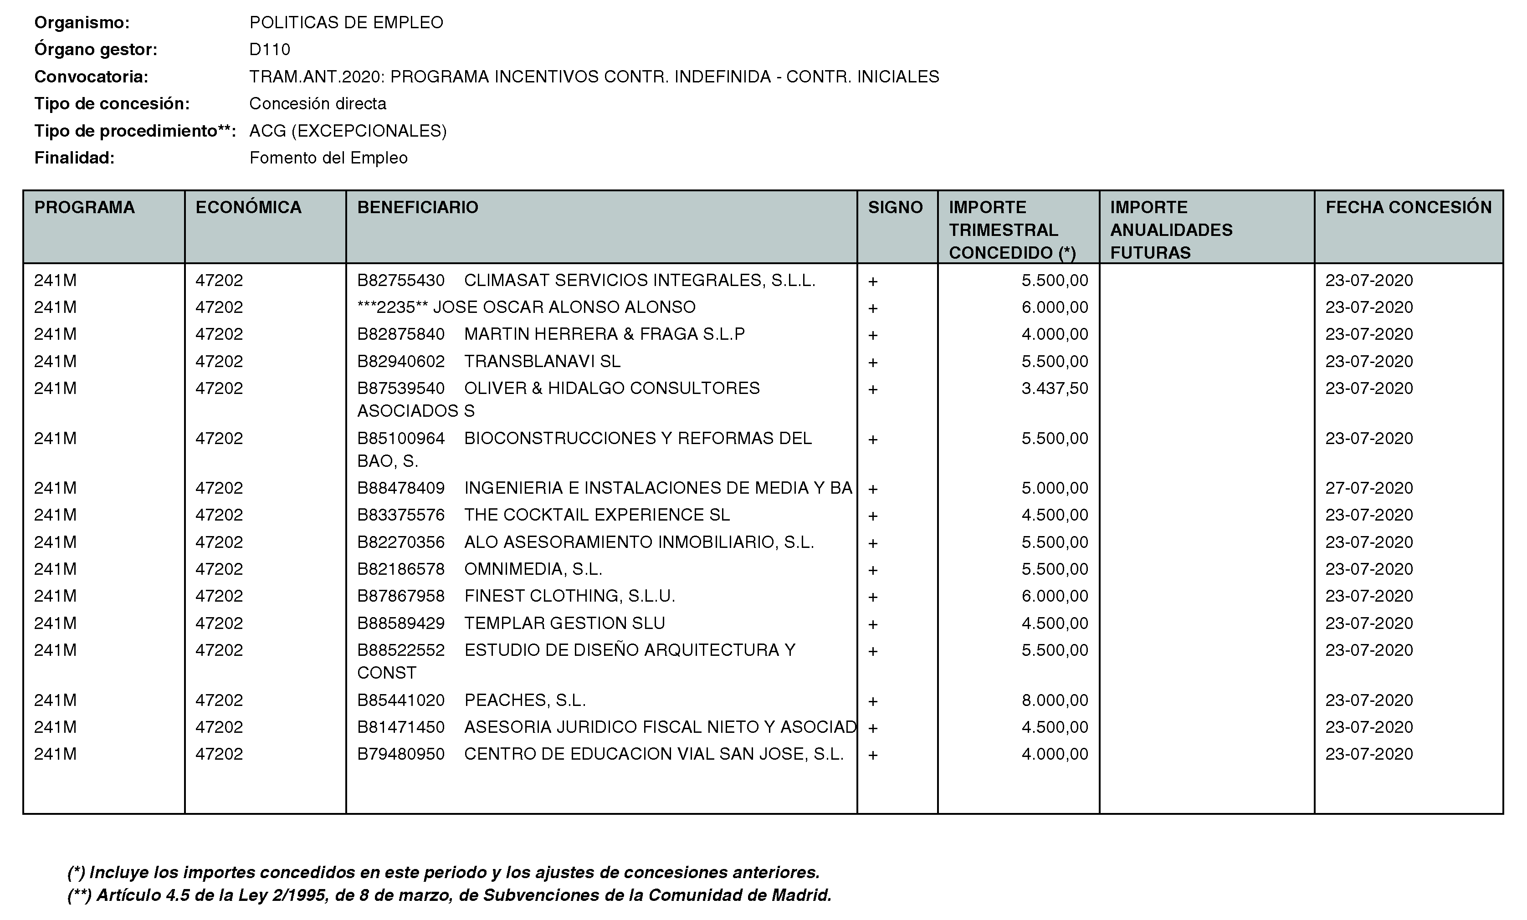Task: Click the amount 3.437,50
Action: [1054, 388]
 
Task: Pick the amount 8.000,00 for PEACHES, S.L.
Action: [1054, 700]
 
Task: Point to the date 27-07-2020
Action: [1369, 488]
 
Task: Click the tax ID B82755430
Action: [400, 280]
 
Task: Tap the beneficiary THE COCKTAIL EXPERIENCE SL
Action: [597, 515]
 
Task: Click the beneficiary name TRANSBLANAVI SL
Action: [542, 361]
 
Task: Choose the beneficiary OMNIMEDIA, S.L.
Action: [533, 569]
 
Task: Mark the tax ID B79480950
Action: [400, 754]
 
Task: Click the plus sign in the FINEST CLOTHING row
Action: [872, 597]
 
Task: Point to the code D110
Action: [270, 50]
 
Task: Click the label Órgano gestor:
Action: [96, 50]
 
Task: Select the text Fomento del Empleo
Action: [328, 158]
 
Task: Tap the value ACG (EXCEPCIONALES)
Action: [348, 131]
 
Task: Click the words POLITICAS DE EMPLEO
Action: [346, 22]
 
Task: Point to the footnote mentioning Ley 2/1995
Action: [449, 895]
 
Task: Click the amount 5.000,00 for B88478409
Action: [1054, 488]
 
